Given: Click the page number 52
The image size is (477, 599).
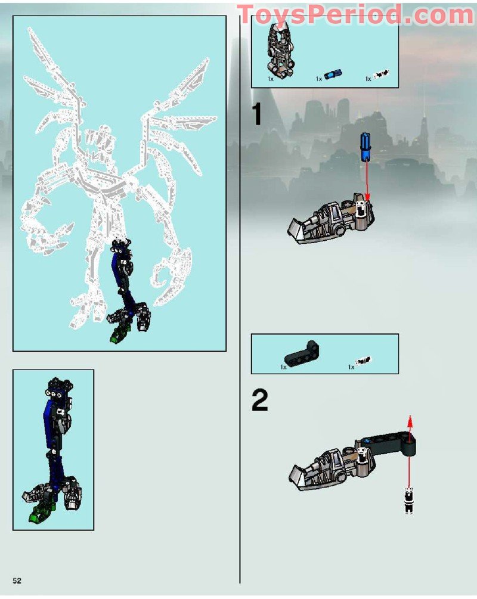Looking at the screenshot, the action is click(17, 581).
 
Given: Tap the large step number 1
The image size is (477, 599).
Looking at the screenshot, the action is click(257, 113).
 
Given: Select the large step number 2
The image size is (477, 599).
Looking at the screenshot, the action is click(260, 400).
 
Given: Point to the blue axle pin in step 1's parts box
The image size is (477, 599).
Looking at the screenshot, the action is click(333, 75).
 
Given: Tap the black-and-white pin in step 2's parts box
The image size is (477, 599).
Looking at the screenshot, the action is click(363, 361).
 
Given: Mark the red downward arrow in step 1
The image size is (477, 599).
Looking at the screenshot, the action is click(367, 179).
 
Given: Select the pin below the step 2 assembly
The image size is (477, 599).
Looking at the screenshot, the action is click(409, 501).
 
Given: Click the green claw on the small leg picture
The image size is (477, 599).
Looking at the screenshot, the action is click(41, 513).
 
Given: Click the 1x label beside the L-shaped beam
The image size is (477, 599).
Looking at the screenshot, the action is click(283, 367).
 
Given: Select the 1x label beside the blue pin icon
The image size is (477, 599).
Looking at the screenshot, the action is click(319, 79).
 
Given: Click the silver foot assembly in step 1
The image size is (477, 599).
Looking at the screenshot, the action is click(331, 218).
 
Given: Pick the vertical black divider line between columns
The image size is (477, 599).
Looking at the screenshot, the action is click(240, 298).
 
